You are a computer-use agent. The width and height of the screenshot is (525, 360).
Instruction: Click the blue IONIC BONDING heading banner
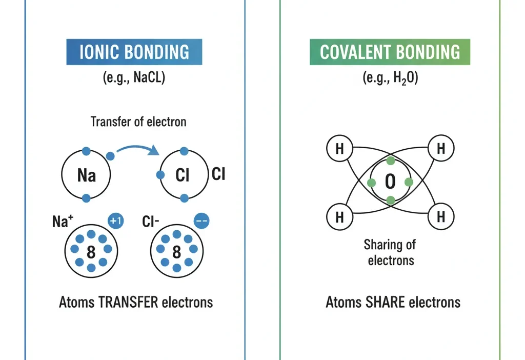pos(134,52)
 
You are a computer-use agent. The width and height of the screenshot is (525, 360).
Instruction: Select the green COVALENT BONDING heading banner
pos(390,52)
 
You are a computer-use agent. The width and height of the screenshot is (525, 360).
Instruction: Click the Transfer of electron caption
pos(138,122)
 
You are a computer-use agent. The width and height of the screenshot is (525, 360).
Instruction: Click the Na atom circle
pos(86,176)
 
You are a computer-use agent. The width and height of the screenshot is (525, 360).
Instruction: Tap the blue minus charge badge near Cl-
pos(201,221)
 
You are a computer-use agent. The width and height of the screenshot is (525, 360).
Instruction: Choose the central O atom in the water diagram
pos(391,182)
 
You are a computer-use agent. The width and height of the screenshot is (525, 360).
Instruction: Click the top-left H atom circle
pos(339,149)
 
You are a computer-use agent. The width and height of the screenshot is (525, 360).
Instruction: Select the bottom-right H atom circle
pos(440,216)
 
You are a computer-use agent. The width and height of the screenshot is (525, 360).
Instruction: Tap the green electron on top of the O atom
pos(391,161)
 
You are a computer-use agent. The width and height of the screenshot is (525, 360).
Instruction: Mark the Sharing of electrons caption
pos(391,252)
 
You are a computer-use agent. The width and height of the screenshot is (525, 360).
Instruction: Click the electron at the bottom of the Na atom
pos(86,198)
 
